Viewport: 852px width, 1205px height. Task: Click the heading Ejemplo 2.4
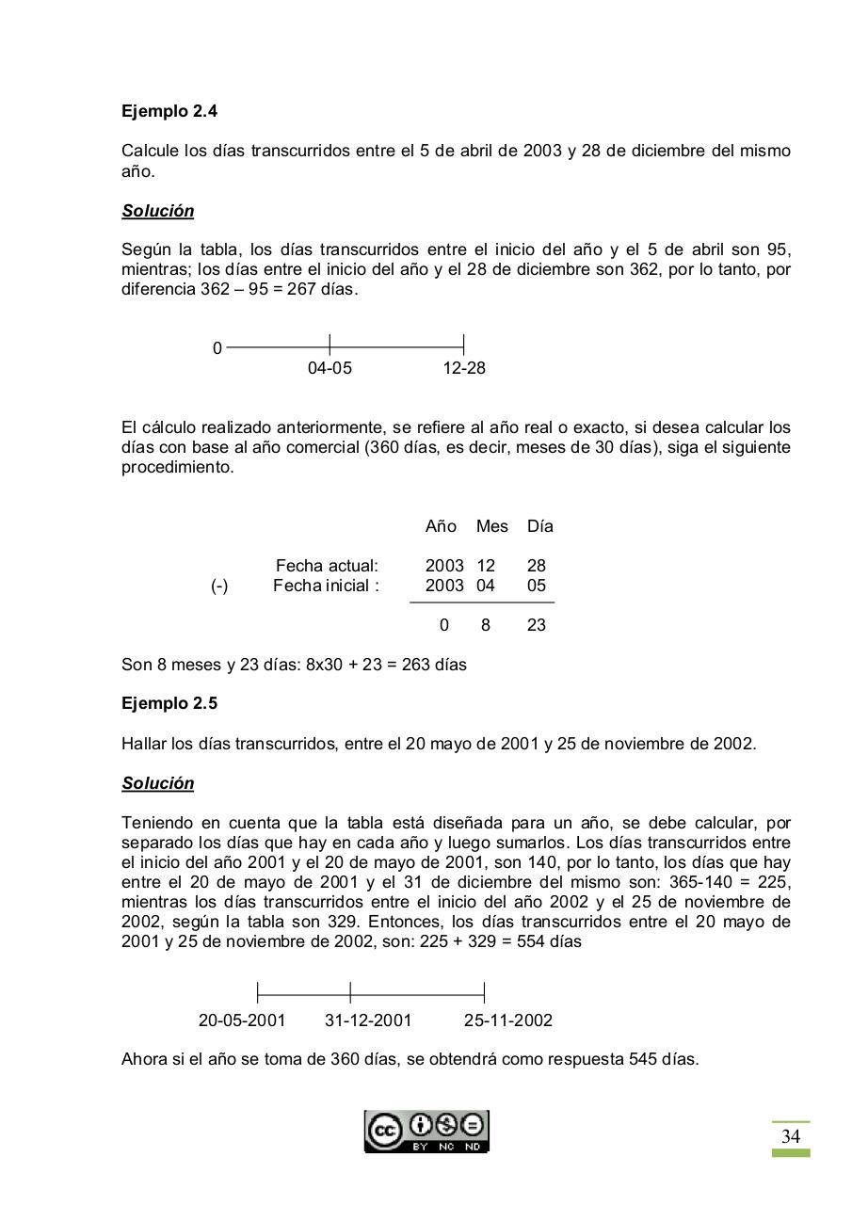click(x=169, y=111)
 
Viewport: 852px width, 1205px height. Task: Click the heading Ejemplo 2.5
click(x=169, y=704)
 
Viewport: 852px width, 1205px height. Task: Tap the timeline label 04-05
click(x=330, y=368)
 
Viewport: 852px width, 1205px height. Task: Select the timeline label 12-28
click(x=464, y=368)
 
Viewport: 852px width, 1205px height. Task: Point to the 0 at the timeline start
click(x=217, y=349)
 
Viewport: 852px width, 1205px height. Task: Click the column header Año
click(x=441, y=526)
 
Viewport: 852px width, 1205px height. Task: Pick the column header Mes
click(x=491, y=526)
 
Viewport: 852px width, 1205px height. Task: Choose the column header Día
click(x=540, y=526)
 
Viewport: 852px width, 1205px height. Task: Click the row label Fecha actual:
click(x=327, y=566)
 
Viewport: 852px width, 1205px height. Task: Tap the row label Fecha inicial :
click(x=327, y=586)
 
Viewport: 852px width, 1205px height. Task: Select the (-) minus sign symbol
click(x=219, y=586)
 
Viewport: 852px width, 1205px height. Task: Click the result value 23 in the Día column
click(x=537, y=625)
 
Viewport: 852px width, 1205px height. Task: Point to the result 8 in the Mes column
click(x=486, y=625)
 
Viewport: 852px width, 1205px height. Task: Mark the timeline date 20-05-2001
click(x=242, y=1020)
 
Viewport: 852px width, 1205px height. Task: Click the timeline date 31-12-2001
click(x=368, y=1020)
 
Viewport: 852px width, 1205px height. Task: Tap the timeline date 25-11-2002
click(x=507, y=1020)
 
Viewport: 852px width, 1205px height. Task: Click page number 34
click(x=791, y=1137)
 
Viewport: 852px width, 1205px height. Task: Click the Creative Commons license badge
click(x=426, y=1131)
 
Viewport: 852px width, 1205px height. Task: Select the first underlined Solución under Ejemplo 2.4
click(x=158, y=211)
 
